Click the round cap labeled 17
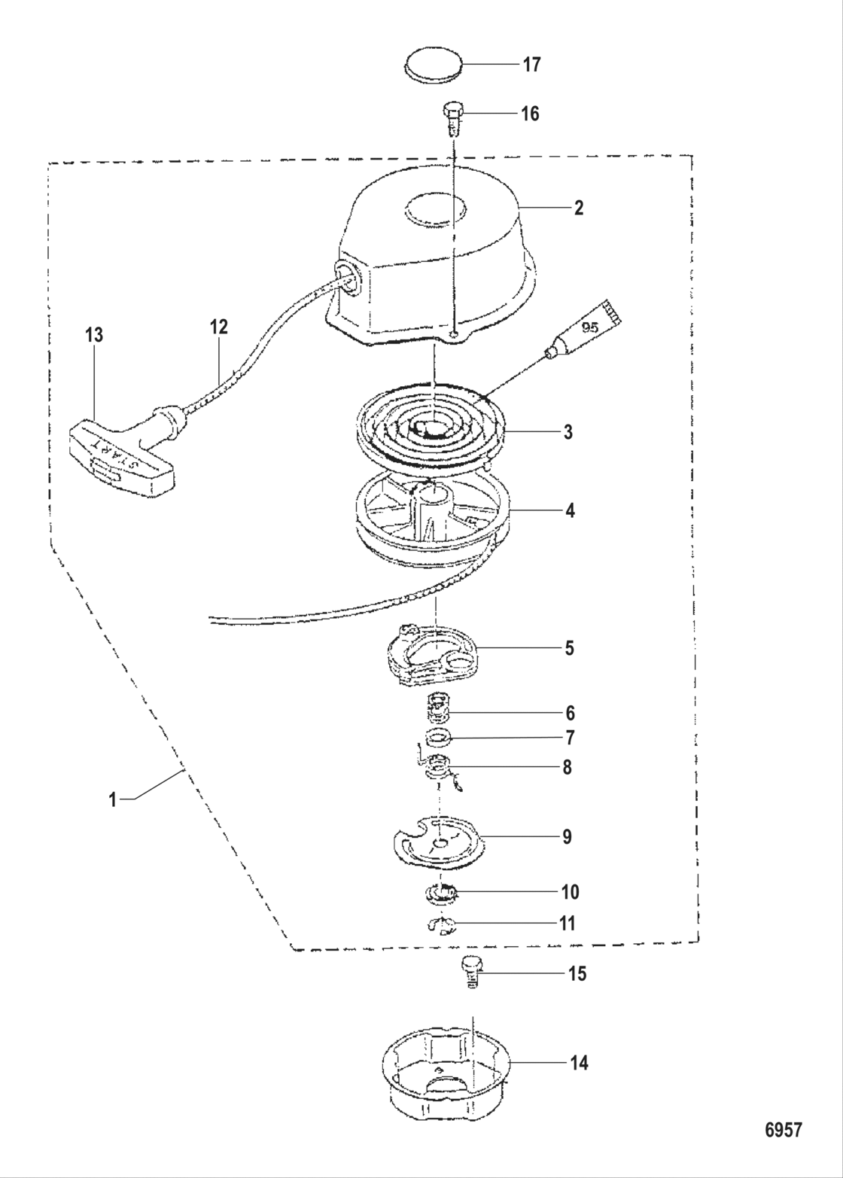click(432, 65)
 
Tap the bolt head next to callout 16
click(452, 111)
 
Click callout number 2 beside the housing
click(578, 208)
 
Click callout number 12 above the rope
click(219, 327)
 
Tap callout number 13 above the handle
click(94, 335)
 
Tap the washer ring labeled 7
click(439, 737)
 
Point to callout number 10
click(569, 892)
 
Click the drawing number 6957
click(783, 1130)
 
